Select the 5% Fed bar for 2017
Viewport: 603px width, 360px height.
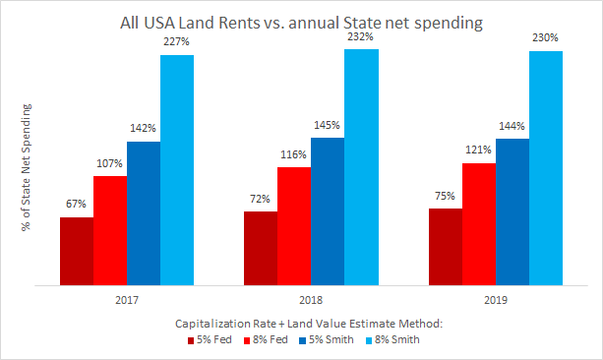pos(77,252)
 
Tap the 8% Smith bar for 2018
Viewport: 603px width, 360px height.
pos(361,167)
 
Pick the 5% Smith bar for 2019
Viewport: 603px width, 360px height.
pos(512,212)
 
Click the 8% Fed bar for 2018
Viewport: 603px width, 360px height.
pos(294,227)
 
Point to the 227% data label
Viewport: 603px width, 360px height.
pos(177,41)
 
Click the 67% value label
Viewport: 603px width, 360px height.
pos(77,204)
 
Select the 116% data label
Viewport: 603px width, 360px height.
pos(294,153)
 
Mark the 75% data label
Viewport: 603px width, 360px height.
pos(445,195)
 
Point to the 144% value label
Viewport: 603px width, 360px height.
pos(512,126)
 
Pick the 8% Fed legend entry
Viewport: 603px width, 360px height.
pos(263,339)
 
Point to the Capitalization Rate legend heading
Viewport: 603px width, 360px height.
pos(300,323)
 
